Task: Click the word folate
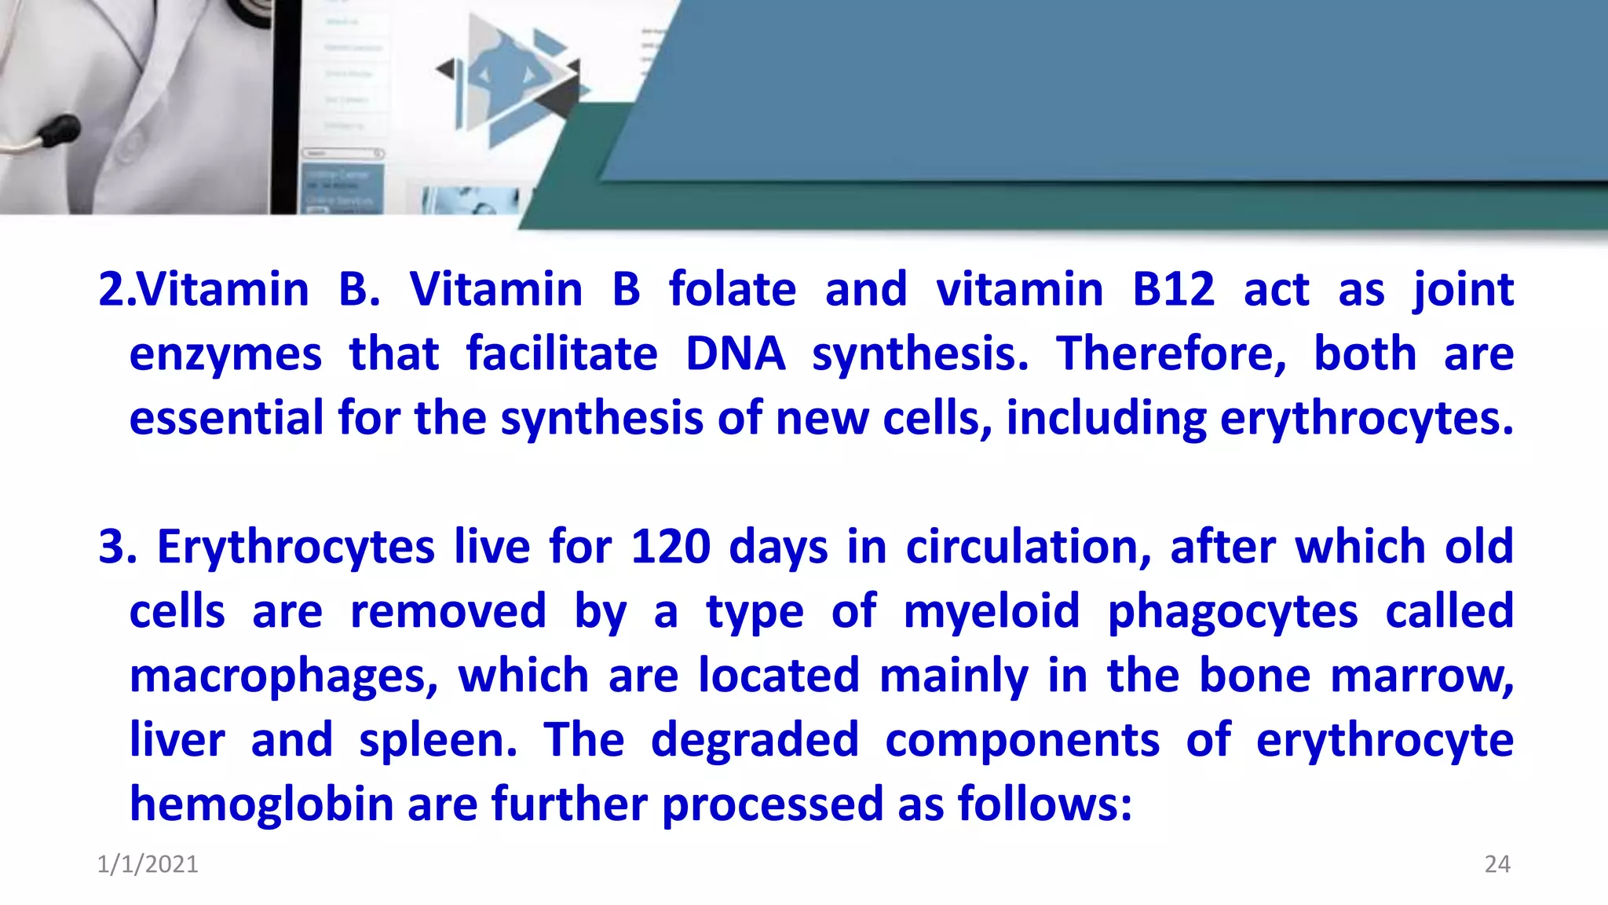click(732, 289)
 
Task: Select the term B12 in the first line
click(1174, 289)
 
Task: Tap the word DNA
click(735, 354)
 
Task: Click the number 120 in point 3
click(671, 547)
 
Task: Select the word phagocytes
click(1232, 613)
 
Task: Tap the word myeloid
click(992, 613)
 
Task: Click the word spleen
click(437, 742)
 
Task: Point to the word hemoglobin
click(261, 804)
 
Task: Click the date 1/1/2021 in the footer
click(148, 864)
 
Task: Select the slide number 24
click(1497, 864)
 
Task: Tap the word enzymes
click(225, 355)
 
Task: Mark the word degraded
click(755, 742)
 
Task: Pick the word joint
click(1463, 291)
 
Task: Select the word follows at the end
click(1044, 804)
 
